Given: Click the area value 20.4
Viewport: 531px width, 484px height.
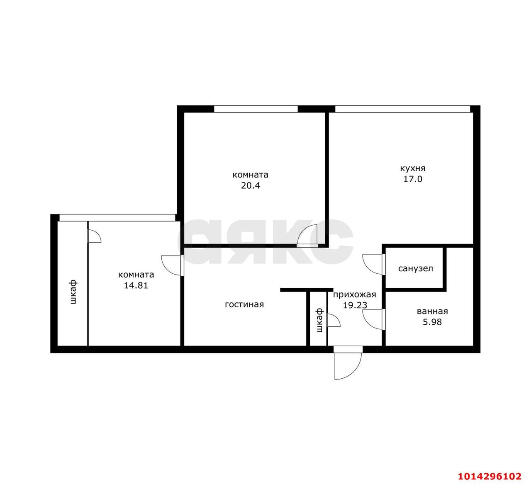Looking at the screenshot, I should tap(250, 185).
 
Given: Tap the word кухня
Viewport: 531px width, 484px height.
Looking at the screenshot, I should tap(412, 168).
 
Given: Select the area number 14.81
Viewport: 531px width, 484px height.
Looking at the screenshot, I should tap(136, 285).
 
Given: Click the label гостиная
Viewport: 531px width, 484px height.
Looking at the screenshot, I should tap(244, 304).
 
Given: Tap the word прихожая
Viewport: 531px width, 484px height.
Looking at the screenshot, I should tap(354, 294).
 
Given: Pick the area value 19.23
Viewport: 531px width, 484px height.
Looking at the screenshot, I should tap(355, 305).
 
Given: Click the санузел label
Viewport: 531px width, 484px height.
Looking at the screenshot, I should tap(415, 268).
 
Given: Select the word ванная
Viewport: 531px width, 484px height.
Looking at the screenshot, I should tap(432, 311).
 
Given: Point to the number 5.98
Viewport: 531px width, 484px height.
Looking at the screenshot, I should tap(432, 321).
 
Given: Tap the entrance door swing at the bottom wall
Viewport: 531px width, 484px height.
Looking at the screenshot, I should tap(348, 364).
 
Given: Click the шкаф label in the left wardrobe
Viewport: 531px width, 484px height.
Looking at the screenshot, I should tap(73, 292).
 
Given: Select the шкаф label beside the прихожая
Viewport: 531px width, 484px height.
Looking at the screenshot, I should tap(319, 320).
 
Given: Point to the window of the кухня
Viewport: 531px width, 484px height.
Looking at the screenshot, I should tap(402, 109).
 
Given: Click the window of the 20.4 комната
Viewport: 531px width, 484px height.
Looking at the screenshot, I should tap(256, 109).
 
